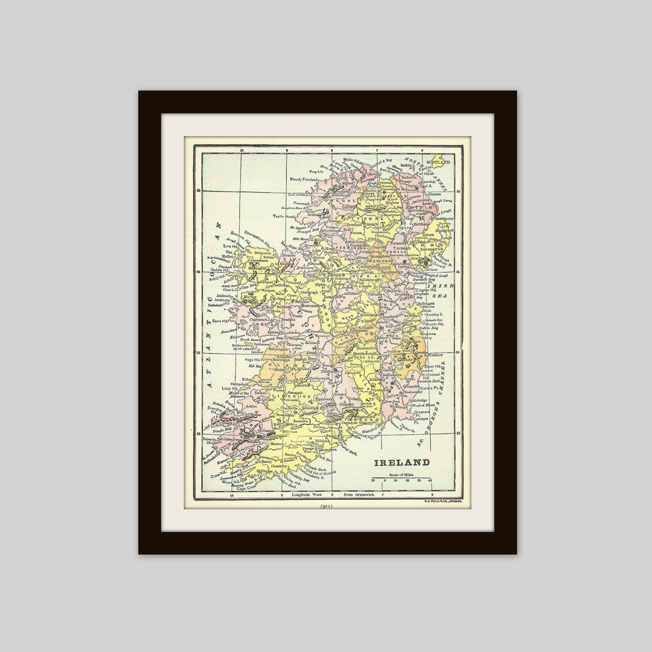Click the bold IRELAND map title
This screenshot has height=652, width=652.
401,463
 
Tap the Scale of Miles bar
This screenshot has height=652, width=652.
401,481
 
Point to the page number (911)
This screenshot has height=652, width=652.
326,506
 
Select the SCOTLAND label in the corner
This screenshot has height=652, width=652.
438,162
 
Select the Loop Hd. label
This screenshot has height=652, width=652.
229,388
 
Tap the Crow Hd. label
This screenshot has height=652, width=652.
219,476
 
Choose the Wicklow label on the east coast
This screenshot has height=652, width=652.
435,355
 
